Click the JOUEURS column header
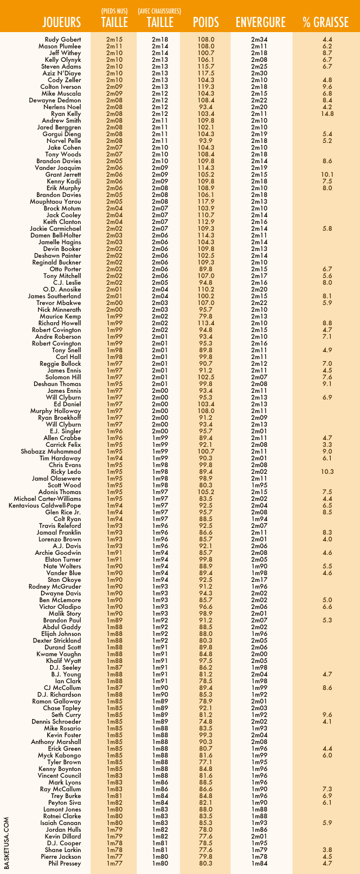tap(62, 23)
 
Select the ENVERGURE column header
tap(260, 23)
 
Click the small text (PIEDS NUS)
tap(114, 10)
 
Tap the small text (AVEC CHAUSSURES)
tap(160, 10)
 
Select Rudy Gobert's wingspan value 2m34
tap(259, 39)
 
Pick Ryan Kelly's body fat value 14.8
tap(328, 114)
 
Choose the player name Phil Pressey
tap(65, 863)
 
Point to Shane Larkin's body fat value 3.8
tap(328, 850)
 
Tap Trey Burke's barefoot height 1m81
tap(114, 796)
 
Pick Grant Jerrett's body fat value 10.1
tap(328, 174)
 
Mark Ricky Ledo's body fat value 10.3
tap(328, 472)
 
